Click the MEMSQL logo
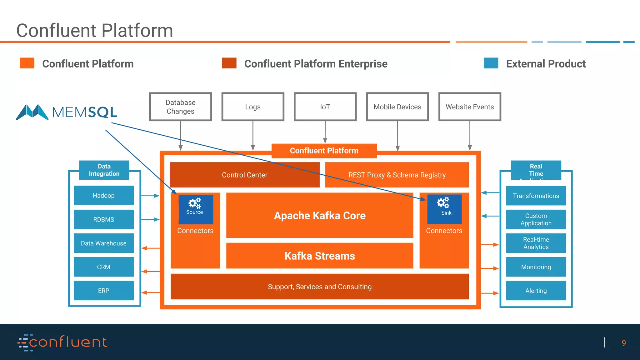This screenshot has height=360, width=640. coord(67,112)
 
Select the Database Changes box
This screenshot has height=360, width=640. coord(180,107)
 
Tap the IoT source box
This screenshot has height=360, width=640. coord(325,107)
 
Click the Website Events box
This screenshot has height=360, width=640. coord(470,107)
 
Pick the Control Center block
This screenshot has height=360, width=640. coord(244,175)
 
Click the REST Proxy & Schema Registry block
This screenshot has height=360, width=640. coord(397,175)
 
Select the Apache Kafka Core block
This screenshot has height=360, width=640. coord(319,216)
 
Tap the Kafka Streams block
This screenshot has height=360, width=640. coord(319,256)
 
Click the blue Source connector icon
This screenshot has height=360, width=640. coord(196,209)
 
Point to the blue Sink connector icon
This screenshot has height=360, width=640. coord(444,209)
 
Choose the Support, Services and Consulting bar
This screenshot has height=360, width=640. coord(319,287)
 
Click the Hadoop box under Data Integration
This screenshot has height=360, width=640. coord(103,196)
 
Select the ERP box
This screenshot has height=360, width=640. coord(103,291)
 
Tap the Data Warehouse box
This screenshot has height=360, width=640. coord(103,243)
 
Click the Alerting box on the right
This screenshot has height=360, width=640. coord(536,291)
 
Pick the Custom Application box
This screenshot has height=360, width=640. coord(536,219)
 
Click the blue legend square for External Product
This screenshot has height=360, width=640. coord(491,63)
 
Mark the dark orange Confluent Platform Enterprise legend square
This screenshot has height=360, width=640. coord(229,63)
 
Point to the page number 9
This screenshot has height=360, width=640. coord(623,343)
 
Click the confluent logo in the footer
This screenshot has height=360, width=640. coord(62,342)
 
